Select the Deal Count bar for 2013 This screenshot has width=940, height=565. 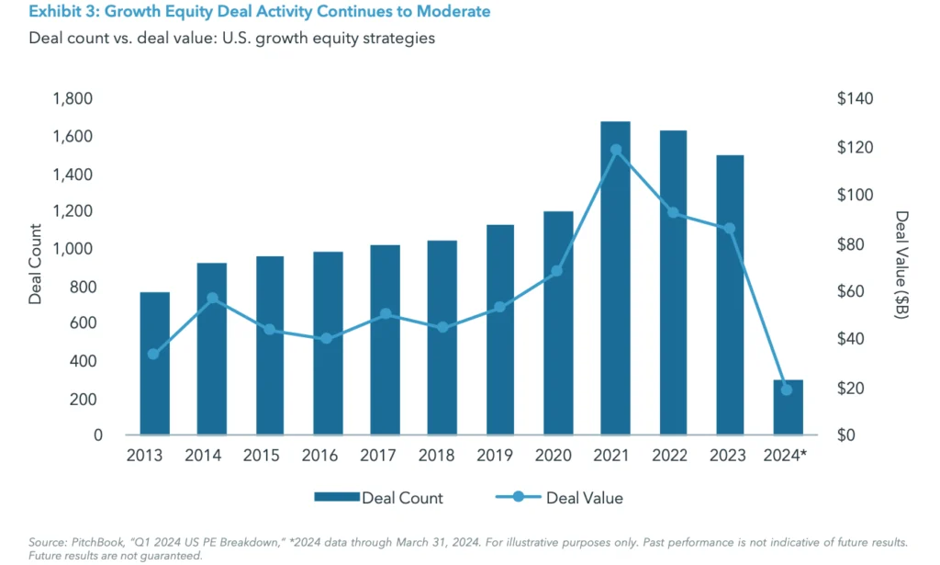[154, 364]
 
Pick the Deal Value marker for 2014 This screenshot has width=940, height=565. [212, 298]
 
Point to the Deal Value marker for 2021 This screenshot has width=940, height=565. [615, 150]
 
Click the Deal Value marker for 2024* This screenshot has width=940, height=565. [787, 390]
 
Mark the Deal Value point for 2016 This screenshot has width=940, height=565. [327, 338]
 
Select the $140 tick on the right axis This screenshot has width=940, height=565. [855, 99]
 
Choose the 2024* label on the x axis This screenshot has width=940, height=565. [786, 456]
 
